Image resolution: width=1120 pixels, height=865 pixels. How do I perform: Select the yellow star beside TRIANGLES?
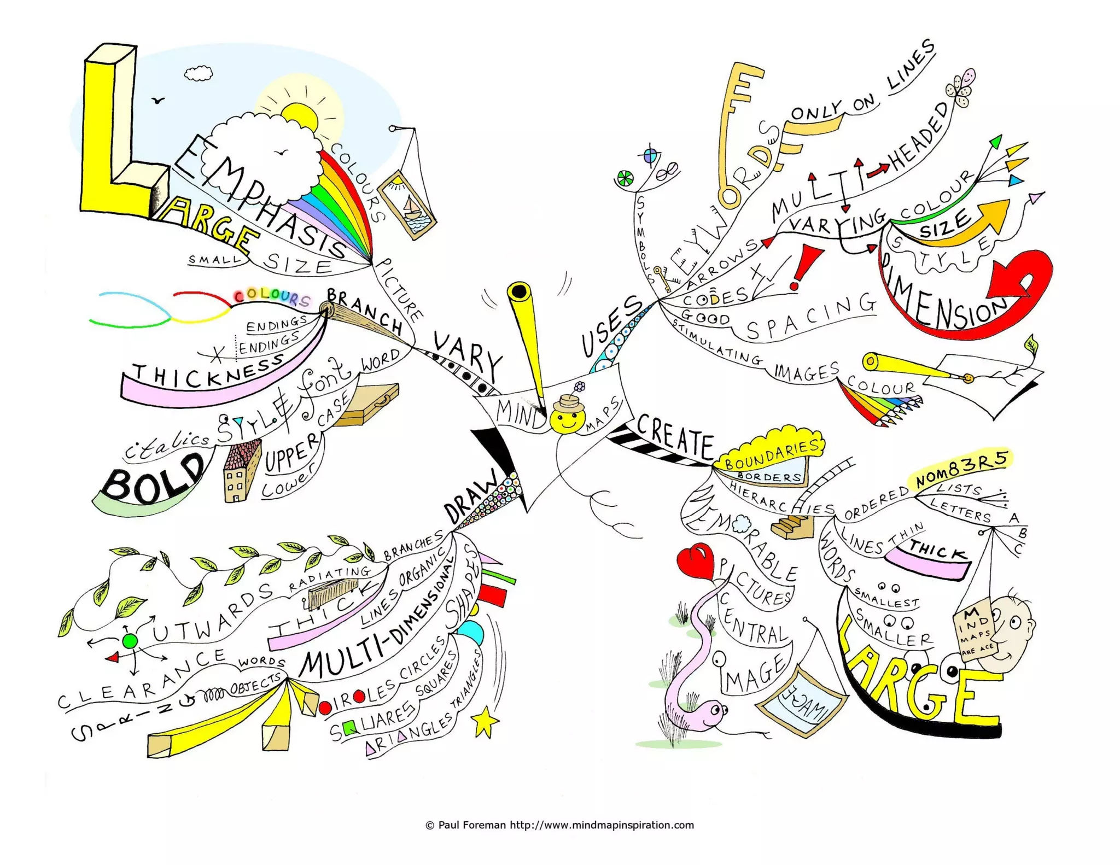485,721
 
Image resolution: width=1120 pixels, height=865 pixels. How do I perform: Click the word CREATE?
676,437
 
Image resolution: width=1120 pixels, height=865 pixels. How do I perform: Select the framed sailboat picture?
407,205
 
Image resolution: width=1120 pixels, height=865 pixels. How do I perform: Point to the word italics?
166,445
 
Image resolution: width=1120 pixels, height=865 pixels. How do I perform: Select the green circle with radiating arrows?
130,641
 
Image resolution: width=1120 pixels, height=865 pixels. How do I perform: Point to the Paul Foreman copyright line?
559,825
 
